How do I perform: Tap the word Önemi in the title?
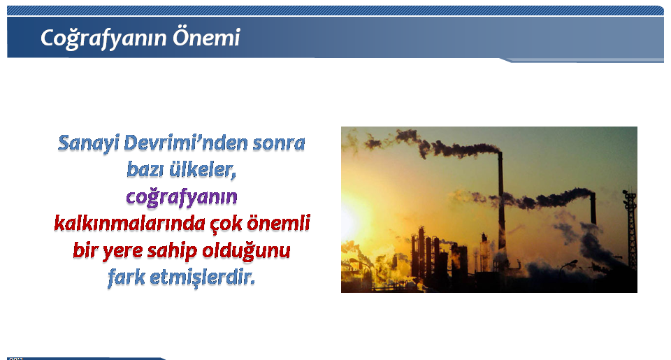[x=206, y=37]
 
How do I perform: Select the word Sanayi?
[x=88, y=143]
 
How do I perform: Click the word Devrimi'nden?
[x=185, y=143]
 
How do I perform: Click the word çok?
[x=226, y=224]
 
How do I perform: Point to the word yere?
[x=122, y=251]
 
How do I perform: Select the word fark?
[x=127, y=278]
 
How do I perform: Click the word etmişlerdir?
[x=203, y=278]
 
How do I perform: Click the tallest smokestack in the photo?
[x=500, y=201]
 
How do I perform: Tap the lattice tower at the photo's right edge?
[x=630, y=229]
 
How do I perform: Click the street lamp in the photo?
[x=567, y=266]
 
